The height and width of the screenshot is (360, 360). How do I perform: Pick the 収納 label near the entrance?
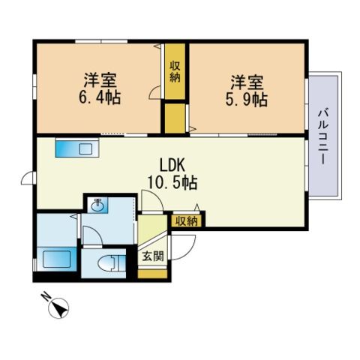click(187, 220)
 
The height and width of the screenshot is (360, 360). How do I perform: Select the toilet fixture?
click(109, 263)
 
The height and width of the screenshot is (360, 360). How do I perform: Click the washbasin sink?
click(98, 205)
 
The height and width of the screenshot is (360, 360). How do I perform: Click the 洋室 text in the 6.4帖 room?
click(98, 79)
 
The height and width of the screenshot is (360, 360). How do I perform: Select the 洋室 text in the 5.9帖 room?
click(245, 80)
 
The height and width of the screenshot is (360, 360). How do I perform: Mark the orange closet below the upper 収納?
click(175, 118)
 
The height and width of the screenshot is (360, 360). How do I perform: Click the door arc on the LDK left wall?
click(27, 178)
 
